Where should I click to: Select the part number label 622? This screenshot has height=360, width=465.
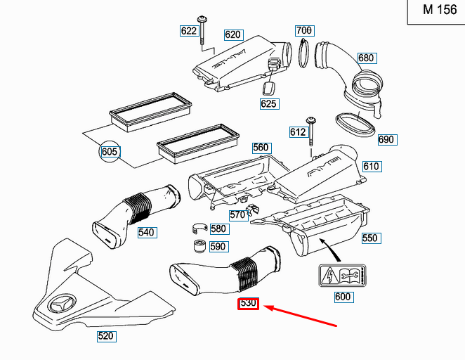pyautogui.click(x=189, y=30)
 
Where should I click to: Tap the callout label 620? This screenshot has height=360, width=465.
pyautogui.click(x=233, y=34)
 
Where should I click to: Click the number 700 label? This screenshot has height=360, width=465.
pyautogui.click(x=303, y=30)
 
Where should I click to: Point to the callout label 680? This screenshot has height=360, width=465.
pyautogui.click(x=366, y=58)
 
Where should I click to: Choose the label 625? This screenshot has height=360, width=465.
pyautogui.click(x=269, y=104)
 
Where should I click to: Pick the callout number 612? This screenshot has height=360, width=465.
pyautogui.click(x=298, y=131)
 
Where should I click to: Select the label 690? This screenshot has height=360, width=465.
pyautogui.click(x=386, y=139)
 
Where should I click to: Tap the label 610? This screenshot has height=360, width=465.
pyautogui.click(x=371, y=166)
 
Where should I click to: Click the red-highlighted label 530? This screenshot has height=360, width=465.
pyautogui.click(x=248, y=304)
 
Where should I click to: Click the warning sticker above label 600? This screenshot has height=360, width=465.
pyautogui.click(x=341, y=276)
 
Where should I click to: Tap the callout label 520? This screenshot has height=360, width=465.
pyautogui.click(x=105, y=336)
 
